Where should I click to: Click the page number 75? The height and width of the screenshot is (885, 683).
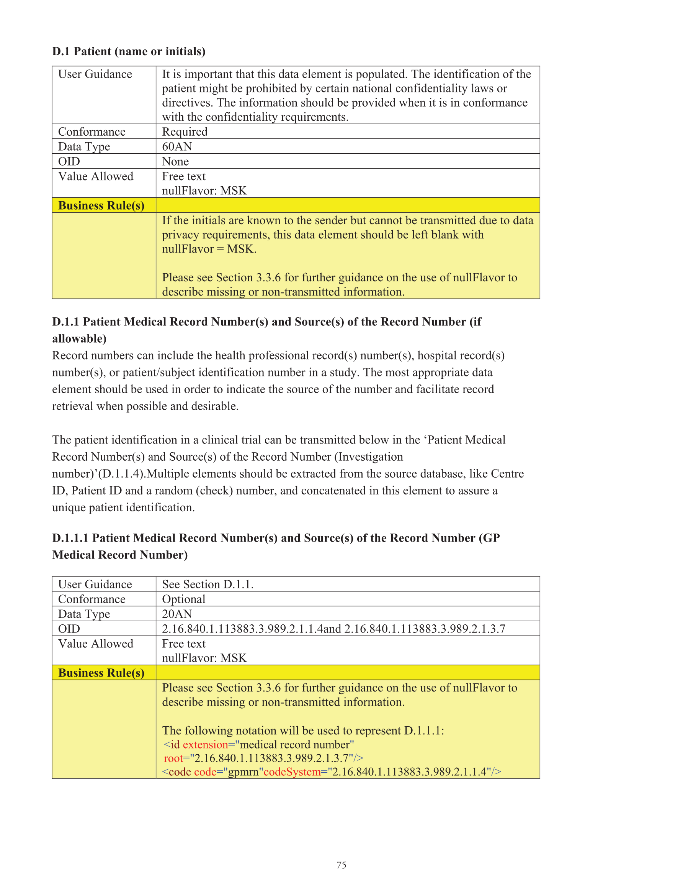tap(341, 865)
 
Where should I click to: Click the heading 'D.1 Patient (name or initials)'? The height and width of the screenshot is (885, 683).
tap(129, 51)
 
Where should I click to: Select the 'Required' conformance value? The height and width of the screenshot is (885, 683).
tap(185, 132)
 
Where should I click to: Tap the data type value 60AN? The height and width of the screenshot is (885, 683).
tap(177, 146)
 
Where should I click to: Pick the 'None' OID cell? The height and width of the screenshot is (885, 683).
tap(175, 161)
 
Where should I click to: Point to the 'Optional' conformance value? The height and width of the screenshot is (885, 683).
tap(183, 599)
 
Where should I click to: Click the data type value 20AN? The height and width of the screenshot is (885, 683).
tap(177, 614)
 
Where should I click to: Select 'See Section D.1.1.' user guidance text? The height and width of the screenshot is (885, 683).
tap(208, 585)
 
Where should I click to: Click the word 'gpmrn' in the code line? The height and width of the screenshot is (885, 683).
tap(243, 772)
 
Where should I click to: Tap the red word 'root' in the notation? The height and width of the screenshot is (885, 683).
tap(173, 758)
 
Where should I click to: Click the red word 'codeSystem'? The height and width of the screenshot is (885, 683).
tap(292, 772)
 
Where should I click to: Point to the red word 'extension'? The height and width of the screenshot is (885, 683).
tap(205, 745)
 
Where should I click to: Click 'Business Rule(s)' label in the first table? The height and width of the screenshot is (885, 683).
tap(101, 205)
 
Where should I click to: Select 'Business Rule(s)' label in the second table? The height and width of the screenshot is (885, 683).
tap(101, 673)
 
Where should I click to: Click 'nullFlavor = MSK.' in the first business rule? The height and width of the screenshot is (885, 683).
tap(209, 249)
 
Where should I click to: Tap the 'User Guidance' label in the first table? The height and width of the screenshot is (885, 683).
tap(95, 74)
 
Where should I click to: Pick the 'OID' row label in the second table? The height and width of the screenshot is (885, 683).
tap(69, 629)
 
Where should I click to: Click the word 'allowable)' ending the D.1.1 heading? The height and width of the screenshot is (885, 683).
tap(79, 338)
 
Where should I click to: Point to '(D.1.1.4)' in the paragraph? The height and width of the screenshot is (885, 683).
tap(121, 474)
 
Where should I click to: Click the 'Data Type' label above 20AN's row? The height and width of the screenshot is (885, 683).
tap(84, 614)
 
